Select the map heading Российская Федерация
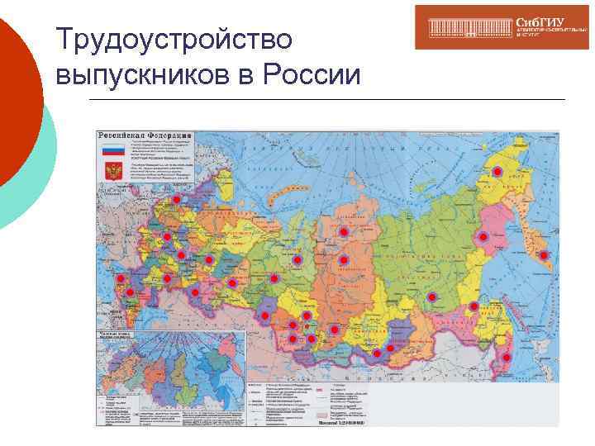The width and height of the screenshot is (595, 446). pos(145,135)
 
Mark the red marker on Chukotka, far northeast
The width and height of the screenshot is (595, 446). pos(497,171)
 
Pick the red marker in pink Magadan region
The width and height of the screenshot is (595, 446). pos(483,237)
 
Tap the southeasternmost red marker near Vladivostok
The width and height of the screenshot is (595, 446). pos(506,358)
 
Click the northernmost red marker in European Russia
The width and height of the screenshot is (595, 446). pos(176,201)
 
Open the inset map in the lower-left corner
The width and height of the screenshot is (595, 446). pos(170,376)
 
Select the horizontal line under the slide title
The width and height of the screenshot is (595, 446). pos(326,100)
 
